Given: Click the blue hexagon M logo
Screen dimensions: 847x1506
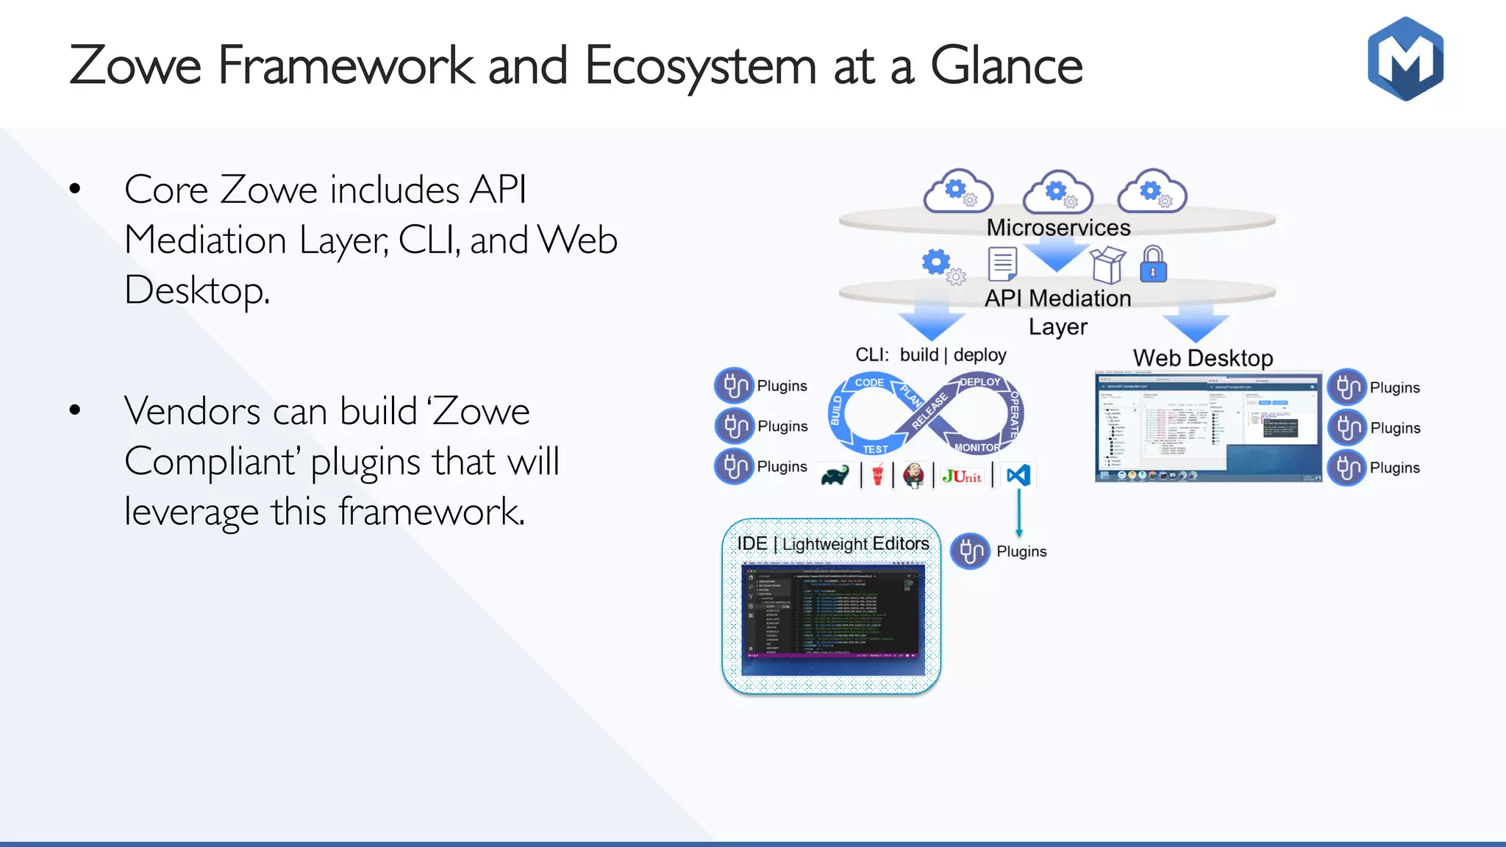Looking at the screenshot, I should [1405, 59].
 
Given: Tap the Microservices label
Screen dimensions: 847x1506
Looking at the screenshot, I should [1058, 228].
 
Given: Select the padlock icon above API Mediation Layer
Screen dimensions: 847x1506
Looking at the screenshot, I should [1153, 265].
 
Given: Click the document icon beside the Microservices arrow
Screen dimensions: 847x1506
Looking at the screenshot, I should [1002, 265].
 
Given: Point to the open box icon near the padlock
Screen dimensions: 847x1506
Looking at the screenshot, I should [1107, 265].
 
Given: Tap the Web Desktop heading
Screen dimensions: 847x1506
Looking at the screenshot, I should [1203, 358].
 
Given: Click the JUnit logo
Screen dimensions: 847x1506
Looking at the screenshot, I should [962, 476].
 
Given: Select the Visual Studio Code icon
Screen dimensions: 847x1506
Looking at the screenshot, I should [1018, 475].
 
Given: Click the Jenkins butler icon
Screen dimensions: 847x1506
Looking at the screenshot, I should [913, 475].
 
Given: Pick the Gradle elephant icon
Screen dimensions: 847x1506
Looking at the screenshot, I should [835, 476].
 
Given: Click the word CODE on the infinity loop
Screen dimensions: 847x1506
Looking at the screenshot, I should [869, 382].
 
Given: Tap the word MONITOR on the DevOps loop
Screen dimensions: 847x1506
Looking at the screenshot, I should [977, 447].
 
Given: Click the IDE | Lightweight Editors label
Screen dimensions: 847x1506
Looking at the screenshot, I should [832, 543].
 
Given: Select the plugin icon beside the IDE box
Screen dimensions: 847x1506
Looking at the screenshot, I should [970, 551].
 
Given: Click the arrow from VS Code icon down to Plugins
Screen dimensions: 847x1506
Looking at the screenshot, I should [1019, 512].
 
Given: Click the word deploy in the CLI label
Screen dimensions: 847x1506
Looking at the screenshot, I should [979, 355].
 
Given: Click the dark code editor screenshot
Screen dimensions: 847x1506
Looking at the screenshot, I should [832, 619].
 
